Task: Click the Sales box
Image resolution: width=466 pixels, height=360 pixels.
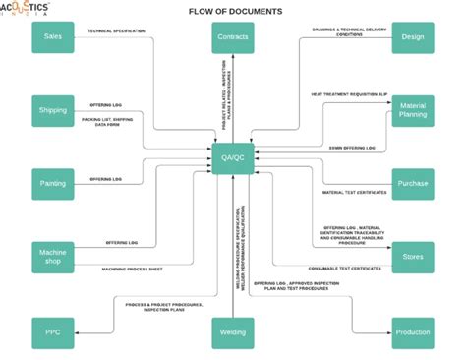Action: coord(53,37)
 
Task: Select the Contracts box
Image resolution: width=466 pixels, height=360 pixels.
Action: coord(232,37)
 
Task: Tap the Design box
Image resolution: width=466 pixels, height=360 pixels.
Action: coord(413,37)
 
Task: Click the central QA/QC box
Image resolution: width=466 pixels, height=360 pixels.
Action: coord(232,157)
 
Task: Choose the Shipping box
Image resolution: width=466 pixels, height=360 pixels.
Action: coord(53,110)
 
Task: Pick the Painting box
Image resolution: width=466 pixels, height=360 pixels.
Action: coord(53,183)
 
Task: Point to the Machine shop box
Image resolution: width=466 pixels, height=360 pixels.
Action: coord(53,258)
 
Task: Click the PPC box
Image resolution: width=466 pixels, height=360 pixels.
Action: coord(53,332)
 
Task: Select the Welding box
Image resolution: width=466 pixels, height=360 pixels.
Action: coord(232,332)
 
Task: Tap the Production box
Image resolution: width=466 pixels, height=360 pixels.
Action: coord(413,332)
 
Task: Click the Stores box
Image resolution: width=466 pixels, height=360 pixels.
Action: coord(413,258)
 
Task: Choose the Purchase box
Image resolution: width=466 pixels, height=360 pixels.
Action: coord(413,183)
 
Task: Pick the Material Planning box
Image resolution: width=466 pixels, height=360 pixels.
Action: coord(413,110)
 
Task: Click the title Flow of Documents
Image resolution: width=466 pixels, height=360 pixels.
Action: coord(233,11)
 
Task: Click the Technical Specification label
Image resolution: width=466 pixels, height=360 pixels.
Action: coord(116,30)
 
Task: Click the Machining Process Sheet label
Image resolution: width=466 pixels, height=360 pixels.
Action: coord(133,269)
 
